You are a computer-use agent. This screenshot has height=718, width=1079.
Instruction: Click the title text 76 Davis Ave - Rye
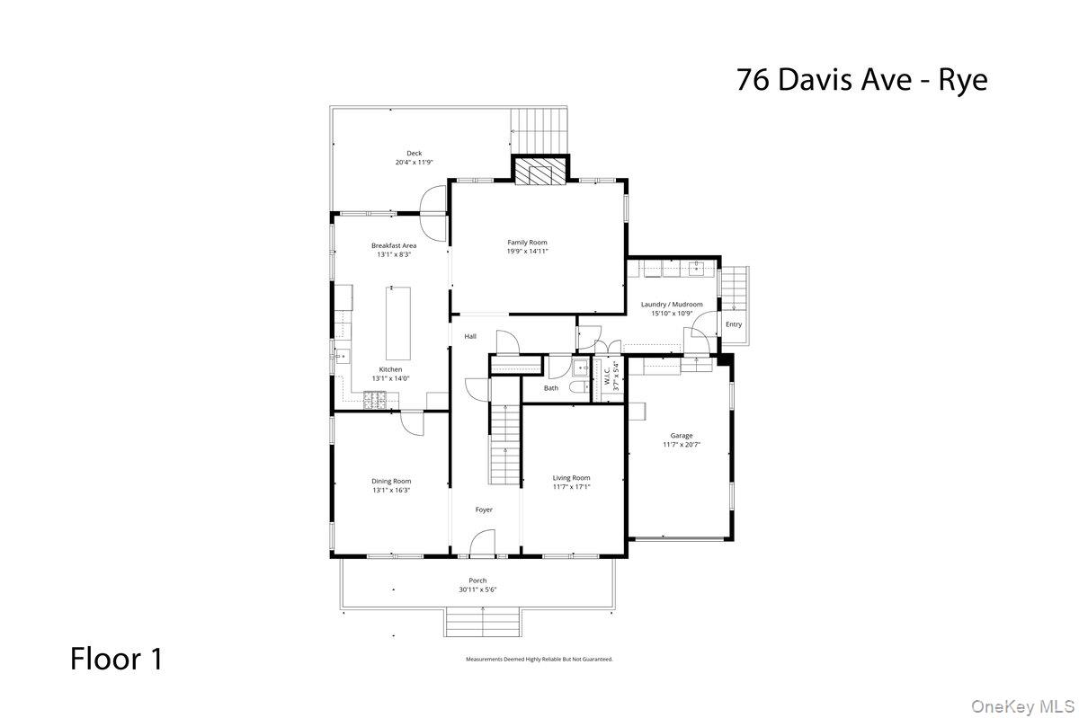click(861, 80)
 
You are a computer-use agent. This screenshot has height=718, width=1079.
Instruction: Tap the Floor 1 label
click(117, 659)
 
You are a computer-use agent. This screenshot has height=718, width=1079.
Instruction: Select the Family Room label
click(527, 243)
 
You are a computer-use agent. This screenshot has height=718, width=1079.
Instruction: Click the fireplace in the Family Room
click(541, 172)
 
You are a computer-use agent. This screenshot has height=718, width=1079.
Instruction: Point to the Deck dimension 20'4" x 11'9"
click(414, 163)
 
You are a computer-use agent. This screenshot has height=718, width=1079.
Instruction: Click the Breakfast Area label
click(394, 245)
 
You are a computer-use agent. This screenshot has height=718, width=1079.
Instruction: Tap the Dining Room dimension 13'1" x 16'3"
click(391, 491)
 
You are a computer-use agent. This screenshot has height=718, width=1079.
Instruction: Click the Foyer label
click(484, 510)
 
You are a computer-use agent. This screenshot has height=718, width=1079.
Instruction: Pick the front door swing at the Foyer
click(483, 542)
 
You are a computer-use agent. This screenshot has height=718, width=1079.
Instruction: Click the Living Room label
click(571, 477)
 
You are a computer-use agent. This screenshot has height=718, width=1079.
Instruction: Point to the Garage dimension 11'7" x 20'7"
click(681, 445)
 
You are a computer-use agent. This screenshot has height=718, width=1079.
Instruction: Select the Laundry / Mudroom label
click(672, 304)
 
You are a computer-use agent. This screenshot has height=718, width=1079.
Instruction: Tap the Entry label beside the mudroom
click(734, 324)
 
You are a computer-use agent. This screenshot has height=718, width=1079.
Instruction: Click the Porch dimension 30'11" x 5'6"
click(477, 590)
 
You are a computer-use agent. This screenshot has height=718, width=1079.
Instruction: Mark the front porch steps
click(484, 622)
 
